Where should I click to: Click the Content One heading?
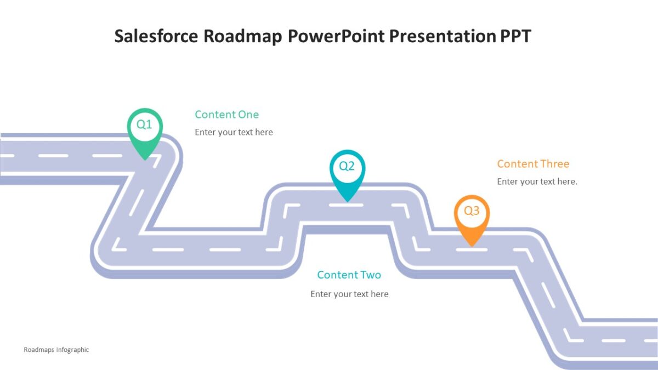point(226,115)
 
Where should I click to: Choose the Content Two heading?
point(349,275)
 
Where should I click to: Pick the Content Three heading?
point(533,164)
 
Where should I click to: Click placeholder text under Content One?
point(234,132)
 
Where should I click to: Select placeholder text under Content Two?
point(349,294)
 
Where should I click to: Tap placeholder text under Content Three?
point(537,181)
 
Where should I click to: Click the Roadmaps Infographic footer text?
point(56,350)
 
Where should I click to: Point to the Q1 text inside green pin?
point(144,124)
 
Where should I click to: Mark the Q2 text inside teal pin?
point(347,166)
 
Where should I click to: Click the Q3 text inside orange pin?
point(472,211)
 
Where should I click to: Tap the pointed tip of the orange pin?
point(472,245)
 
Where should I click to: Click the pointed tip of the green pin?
point(145,159)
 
